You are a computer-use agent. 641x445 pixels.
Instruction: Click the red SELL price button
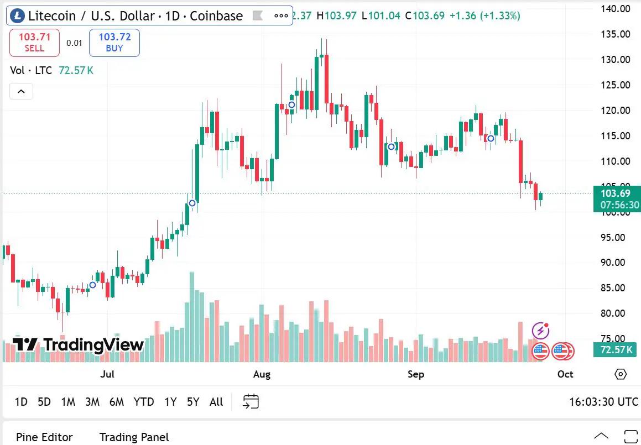(34, 43)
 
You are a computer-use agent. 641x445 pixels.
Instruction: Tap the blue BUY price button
(114, 43)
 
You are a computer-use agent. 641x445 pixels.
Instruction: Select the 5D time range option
(44, 402)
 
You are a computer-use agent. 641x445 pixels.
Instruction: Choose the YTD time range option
(144, 402)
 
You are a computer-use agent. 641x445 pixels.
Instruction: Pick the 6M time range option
(117, 402)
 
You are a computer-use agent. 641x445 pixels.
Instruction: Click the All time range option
(216, 402)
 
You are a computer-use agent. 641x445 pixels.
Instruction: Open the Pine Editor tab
(44, 437)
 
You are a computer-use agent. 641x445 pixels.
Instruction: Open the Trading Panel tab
(134, 437)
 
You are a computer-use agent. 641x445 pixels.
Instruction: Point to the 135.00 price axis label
(616, 34)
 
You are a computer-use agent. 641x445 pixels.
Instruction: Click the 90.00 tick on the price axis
(616, 263)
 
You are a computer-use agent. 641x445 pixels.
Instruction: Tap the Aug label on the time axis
(262, 374)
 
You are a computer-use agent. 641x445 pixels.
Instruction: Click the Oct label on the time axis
(565, 374)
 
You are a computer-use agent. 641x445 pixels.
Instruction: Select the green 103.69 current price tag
(616, 193)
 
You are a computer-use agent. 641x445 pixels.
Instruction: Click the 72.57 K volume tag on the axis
(616, 350)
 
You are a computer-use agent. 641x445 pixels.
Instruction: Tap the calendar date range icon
(251, 401)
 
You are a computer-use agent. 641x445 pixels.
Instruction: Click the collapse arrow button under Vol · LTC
(22, 91)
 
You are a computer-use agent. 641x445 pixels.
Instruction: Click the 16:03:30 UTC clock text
(603, 402)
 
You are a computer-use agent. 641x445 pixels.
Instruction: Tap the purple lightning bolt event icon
(540, 331)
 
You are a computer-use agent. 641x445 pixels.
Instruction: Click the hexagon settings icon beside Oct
(621, 374)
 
